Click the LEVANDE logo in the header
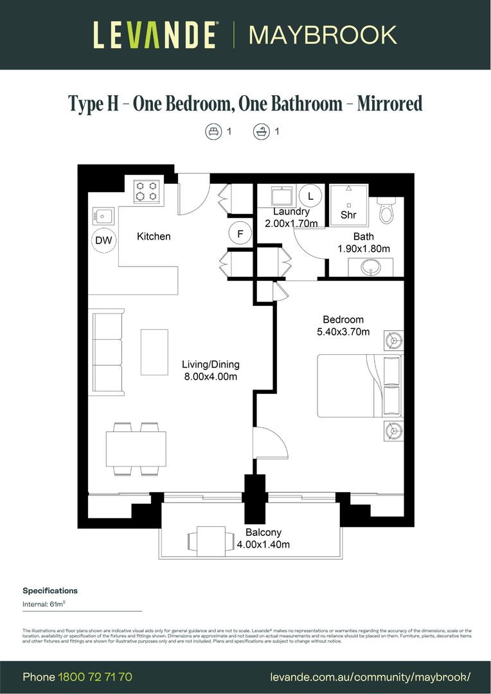pyautogui.click(x=155, y=35)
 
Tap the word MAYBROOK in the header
pyautogui.click(x=323, y=35)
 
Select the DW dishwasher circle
pyautogui.click(x=103, y=240)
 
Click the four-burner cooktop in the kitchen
pyautogui.click(x=146, y=191)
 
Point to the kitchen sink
pyautogui.click(x=103, y=215)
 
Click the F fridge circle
pyautogui.click(x=240, y=234)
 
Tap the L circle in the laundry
pyautogui.click(x=310, y=195)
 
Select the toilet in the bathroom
pyautogui.click(x=386, y=210)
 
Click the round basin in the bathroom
pyautogui.click(x=371, y=267)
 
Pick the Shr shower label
pyautogui.click(x=348, y=215)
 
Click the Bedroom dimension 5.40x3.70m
pyautogui.click(x=343, y=332)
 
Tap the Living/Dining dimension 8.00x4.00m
pyautogui.click(x=210, y=377)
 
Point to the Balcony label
pyautogui.click(x=263, y=532)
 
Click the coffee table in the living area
pyautogui.click(x=154, y=351)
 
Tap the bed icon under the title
pyautogui.click(x=213, y=132)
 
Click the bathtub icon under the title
pyautogui.click(x=261, y=132)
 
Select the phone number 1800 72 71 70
pyautogui.click(x=95, y=677)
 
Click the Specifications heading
pyautogui.click(x=50, y=591)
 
